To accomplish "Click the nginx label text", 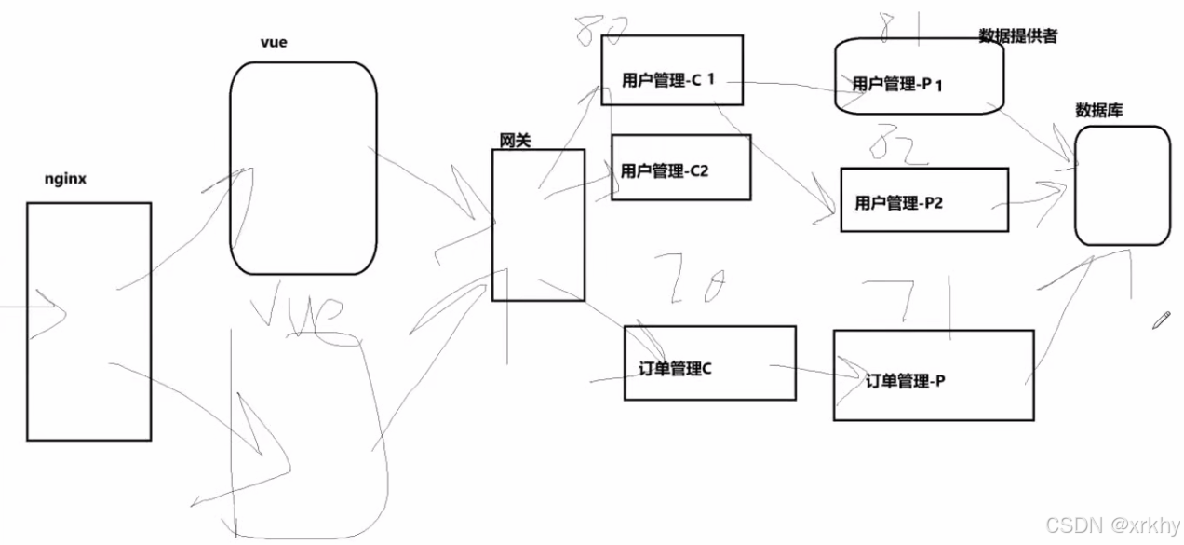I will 65,179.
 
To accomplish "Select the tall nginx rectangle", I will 88,321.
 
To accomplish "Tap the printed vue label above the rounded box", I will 275,44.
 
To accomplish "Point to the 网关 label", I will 516,139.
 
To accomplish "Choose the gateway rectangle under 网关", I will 538,225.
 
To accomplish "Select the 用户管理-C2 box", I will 680,168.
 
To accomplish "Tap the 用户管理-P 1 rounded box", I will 918,77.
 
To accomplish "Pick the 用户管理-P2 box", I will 924,200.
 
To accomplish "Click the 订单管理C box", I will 709,362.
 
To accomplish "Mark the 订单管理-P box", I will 933,375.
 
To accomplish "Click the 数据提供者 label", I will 1017,36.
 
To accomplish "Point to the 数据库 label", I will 1098,110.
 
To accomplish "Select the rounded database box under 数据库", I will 1122,185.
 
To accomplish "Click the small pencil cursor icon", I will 1160,320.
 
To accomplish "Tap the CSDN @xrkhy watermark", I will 1112,525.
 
